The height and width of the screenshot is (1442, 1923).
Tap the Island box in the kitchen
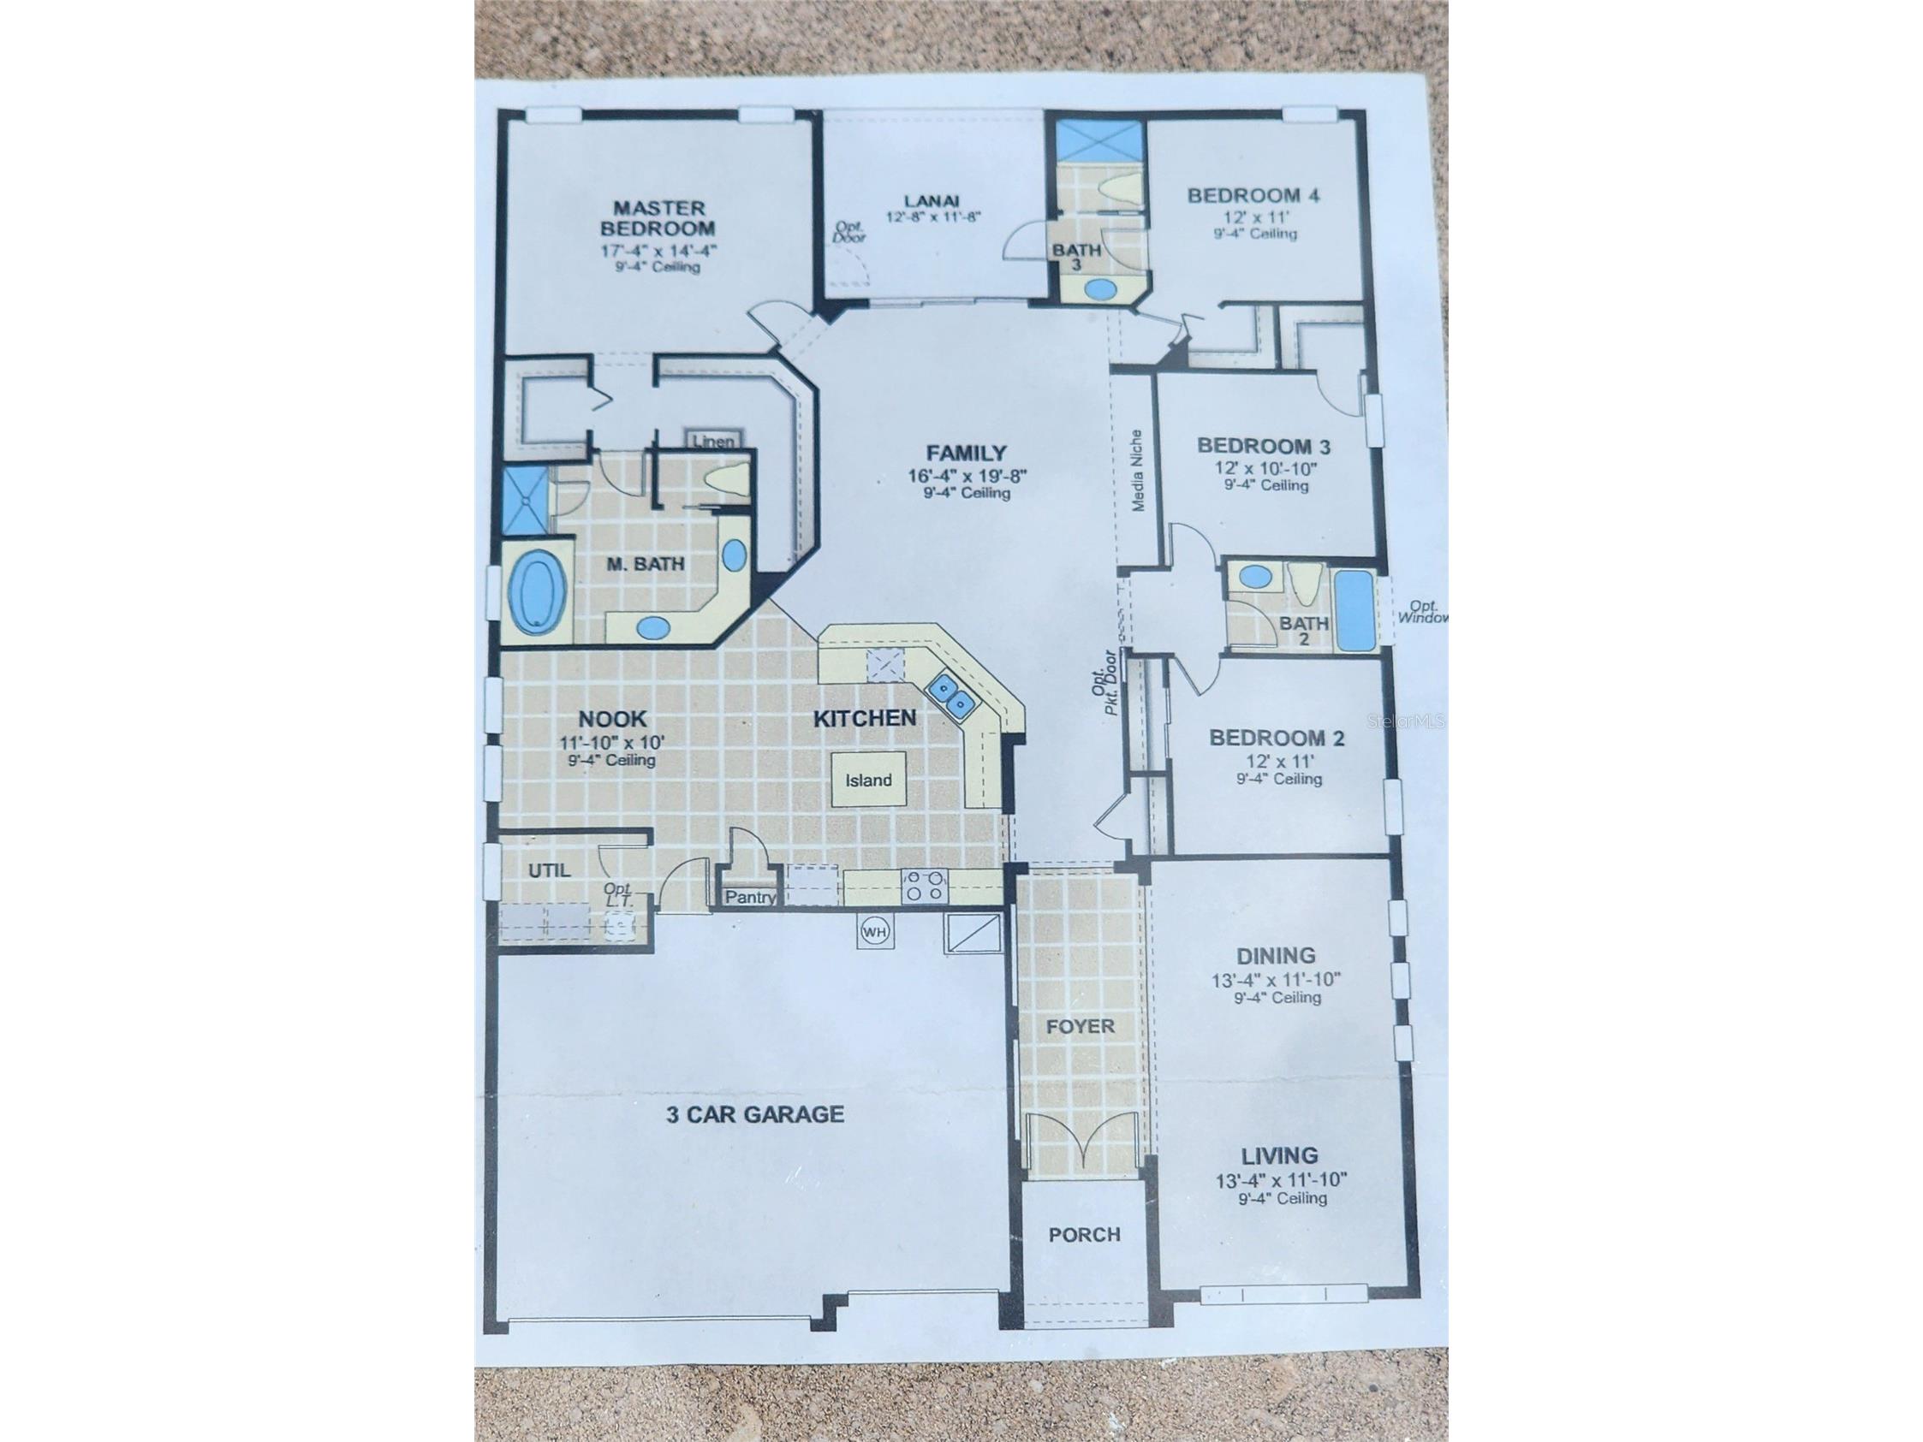coord(868,780)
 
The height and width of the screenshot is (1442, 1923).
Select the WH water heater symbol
coord(874,932)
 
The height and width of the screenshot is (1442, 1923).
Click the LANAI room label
coord(932,200)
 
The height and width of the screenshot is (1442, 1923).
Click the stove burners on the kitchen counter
coord(923,886)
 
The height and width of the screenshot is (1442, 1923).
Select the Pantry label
coord(750,897)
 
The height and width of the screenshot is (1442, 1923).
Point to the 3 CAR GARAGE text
coord(754,1114)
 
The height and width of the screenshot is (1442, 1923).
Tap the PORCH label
coord(1084,1234)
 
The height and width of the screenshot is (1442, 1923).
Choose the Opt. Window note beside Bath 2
coord(1422,612)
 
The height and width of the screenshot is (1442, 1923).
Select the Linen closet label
coord(714,442)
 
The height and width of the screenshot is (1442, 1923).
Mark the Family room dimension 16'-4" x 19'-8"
coord(967,476)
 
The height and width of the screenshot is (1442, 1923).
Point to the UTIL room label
coord(550,870)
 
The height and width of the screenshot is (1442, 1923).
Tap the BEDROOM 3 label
coord(1263,446)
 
